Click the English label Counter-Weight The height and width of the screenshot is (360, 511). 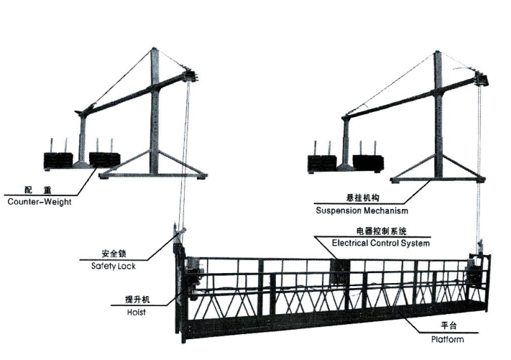(x=40, y=202)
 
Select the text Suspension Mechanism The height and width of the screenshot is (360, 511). (x=362, y=211)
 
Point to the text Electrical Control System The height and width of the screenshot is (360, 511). (x=381, y=244)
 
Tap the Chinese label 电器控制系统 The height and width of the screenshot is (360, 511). (x=381, y=231)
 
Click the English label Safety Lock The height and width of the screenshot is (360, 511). (x=113, y=266)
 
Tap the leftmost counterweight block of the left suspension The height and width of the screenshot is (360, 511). (x=58, y=159)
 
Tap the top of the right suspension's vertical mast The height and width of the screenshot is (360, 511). (x=436, y=55)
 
